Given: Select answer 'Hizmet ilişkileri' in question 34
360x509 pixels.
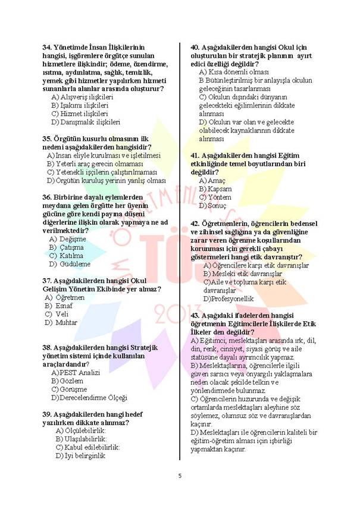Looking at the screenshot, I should pos(80,113).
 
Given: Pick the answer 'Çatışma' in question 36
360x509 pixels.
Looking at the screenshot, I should pos(67,247).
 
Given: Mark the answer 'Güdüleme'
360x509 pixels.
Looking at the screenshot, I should pos(70,263).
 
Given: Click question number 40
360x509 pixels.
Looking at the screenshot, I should pos(195,47).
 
